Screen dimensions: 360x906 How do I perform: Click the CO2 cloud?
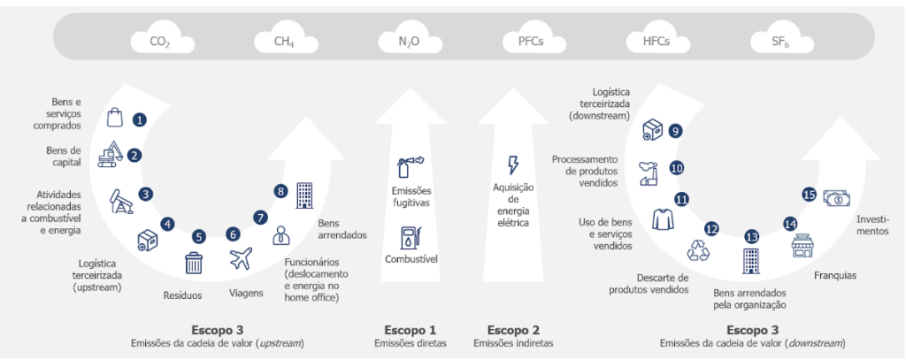160,41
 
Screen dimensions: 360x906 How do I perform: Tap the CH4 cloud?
284,41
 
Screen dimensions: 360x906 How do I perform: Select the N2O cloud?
408,41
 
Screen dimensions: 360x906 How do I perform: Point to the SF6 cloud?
779,41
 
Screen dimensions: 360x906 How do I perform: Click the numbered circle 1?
139,119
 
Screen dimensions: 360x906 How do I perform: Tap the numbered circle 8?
281,190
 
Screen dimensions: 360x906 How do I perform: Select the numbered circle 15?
809,194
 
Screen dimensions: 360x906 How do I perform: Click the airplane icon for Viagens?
240,259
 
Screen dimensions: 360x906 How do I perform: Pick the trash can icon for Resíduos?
194,263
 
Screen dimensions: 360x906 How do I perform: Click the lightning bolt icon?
512,165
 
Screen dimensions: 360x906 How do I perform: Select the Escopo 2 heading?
512,330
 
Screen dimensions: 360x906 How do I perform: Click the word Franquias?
833,276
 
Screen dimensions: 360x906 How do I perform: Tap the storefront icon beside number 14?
802,246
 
